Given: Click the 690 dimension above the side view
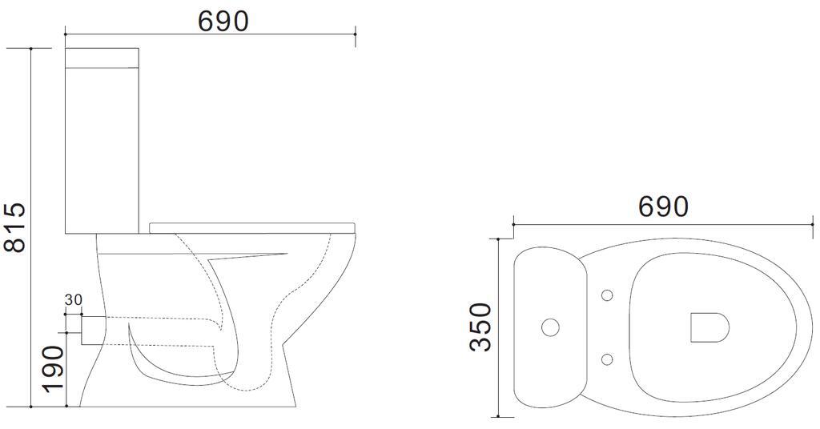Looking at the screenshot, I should [x=223, y=21].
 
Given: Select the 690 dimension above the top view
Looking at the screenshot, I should [x=663, y=206].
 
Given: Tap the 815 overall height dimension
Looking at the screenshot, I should [x=14, y=227].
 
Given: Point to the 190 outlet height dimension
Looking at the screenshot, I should [x=53, y=369].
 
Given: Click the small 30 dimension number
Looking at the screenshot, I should [x=73, y=300].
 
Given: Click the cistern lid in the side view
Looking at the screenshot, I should [x=102, y=58].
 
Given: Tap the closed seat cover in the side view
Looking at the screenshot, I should [x=252, y=225].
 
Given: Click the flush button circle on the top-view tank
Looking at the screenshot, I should [x=550, y=327].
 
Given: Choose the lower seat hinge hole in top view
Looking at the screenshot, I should [x=607, y=359].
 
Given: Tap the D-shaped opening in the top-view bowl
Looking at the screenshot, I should [x=709, y=327].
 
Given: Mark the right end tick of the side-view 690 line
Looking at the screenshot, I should [x=355, y=34].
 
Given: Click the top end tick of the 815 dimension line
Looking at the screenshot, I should [x=31, y=49].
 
